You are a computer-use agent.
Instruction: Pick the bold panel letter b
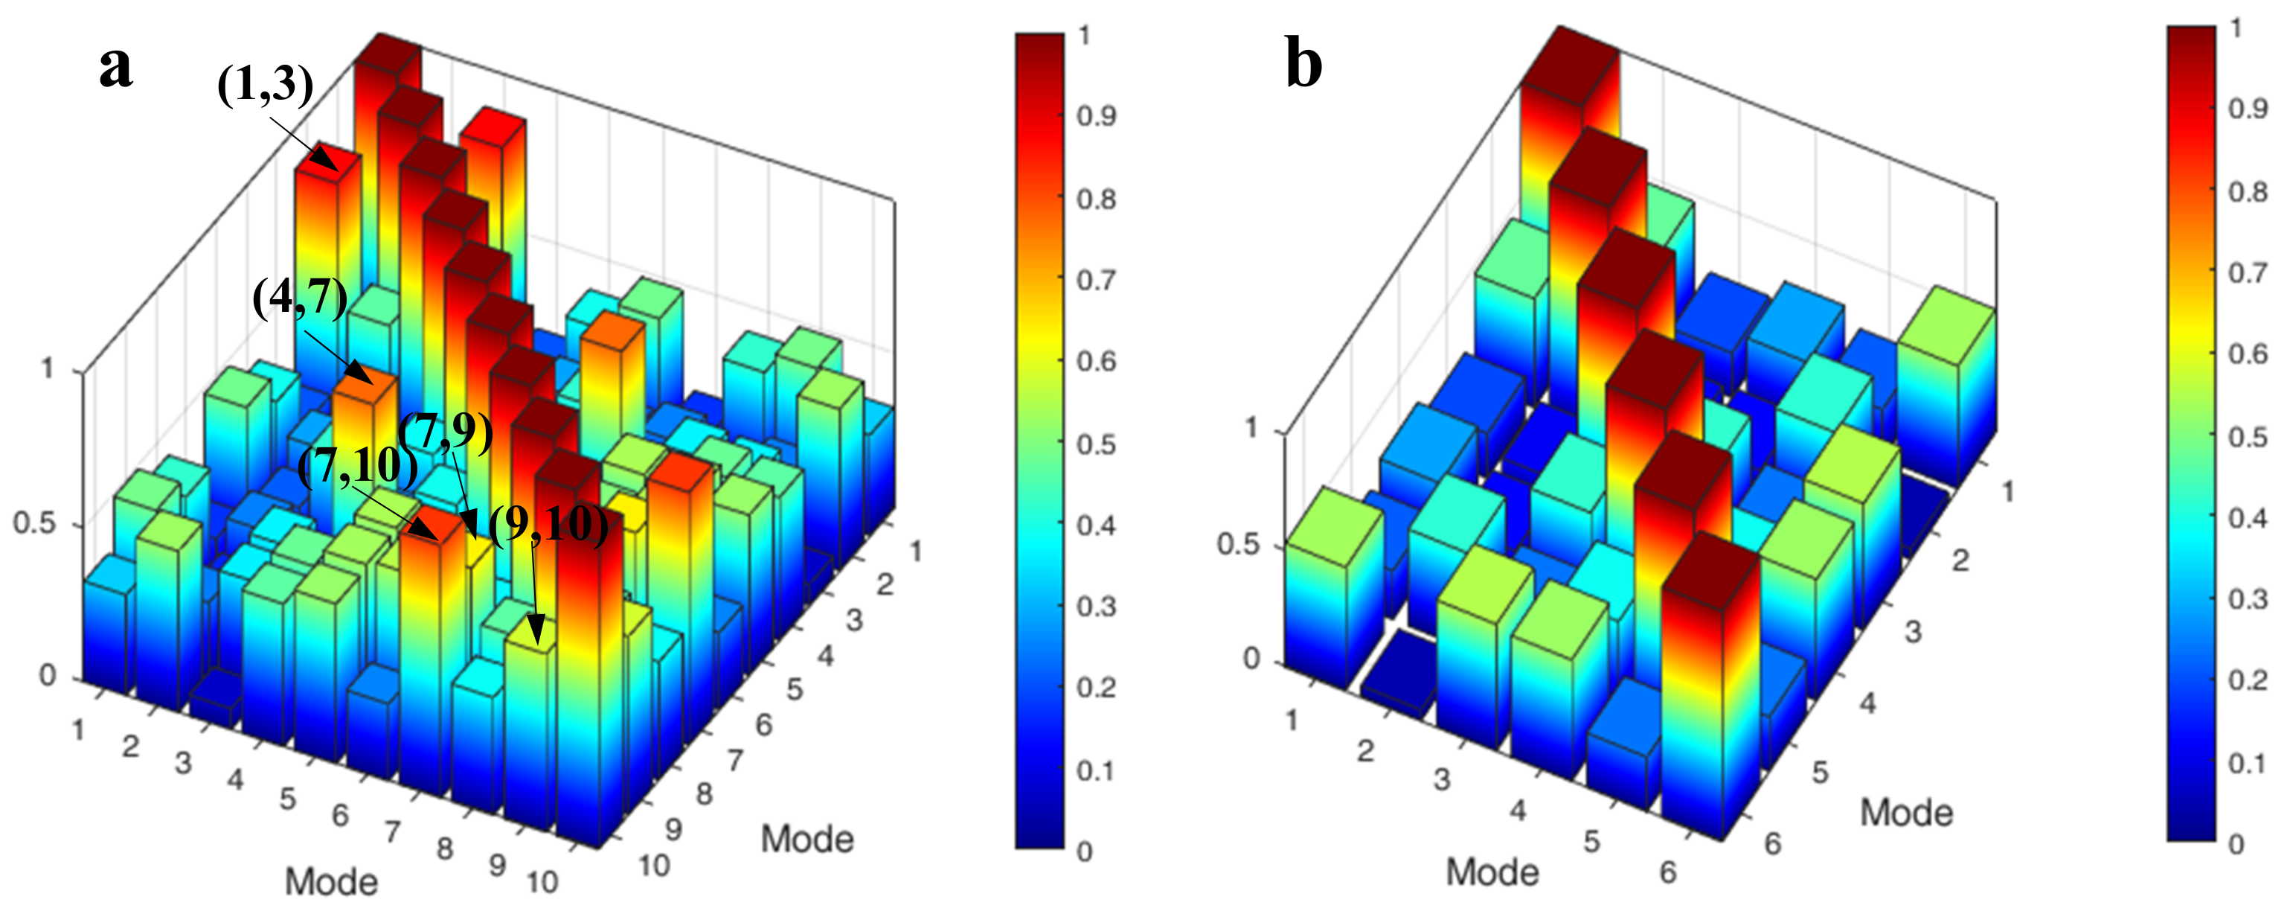click(x=1303, y=64)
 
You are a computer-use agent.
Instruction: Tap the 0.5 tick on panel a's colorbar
click(x=1097, y=444)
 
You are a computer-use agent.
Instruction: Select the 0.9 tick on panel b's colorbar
click(x=2248, y=109)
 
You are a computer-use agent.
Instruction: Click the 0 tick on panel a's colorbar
click(x=1085, y=851)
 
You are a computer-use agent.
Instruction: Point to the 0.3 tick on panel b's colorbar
click(x=2248, y=599)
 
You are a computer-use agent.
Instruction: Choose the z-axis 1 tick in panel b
click(x=1251, y=428)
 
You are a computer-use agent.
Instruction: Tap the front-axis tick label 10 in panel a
click(x=542, y=882)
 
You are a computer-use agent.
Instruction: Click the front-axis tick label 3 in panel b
click(x=1441, y=779)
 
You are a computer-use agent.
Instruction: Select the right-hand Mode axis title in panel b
click(x=1907, y=813)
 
